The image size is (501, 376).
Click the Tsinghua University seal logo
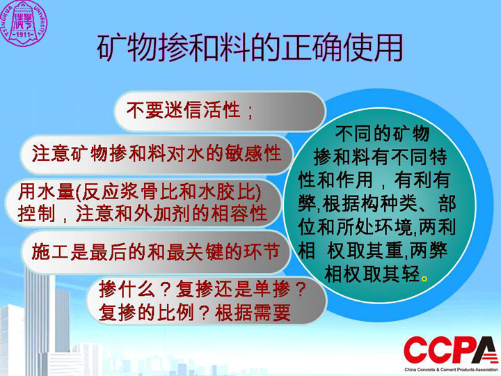tap(23, 22)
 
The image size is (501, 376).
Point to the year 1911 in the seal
tap(24, 35)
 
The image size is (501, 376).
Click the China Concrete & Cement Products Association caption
tap(452, 370)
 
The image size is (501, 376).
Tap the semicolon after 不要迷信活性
tap(250, 112)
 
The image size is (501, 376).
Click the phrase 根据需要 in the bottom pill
tap(253, 313)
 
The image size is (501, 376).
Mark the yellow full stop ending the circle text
tap(424, 279)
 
